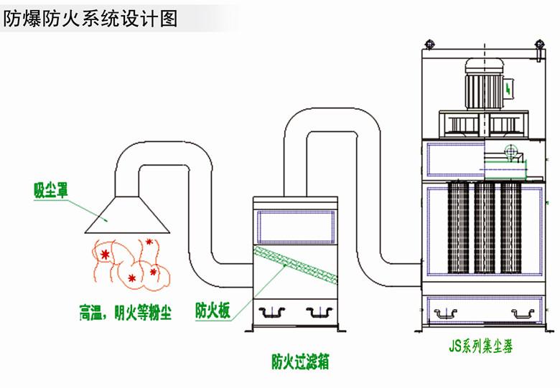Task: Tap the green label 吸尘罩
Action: pyautogui.click(x=49, y=189)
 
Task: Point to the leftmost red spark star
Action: pyautogui.click(x=106, y=255)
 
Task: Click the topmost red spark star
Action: pyautogui.click(x=149, y=242)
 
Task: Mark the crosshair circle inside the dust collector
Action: pyautogui.click(x=509, y=151)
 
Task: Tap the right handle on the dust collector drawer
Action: pyautogui.click(x=523, y=312)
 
